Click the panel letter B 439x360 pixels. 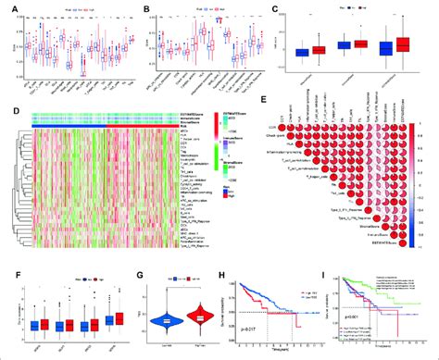tap(148, 7)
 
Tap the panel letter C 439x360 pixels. tap(301, 7)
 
